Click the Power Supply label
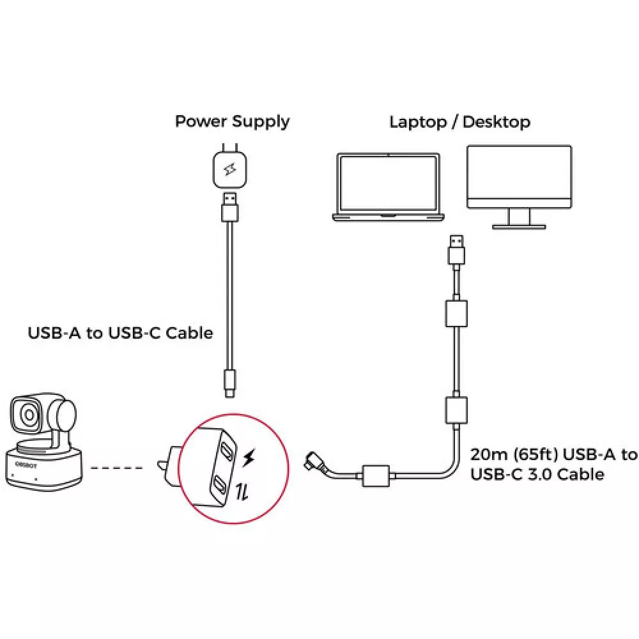pyautogui.click(x=232, y=121)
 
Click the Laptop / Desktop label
pyautogui.click(x=459, y=121)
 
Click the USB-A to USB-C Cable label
pyautogui.click(x=120, y=333)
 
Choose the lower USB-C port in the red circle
pyautogui.click(x=219, y=484)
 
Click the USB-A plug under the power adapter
pyautogui.click(x=231, y=206)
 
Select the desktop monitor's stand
pyautogui.click(x=518, y=219)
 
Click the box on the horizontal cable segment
pyautogui.click(x=377, y=476)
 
